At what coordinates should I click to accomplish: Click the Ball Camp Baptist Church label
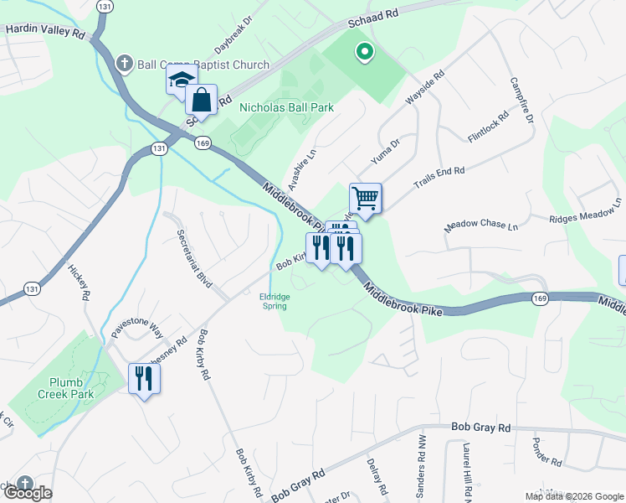(x=203, y=65)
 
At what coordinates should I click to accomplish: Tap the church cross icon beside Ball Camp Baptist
(x=125, y=64)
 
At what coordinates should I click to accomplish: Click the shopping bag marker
(x=202, y=101)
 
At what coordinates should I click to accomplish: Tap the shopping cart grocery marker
(x=366, y=200)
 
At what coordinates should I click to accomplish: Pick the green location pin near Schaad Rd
(x=364, y=53)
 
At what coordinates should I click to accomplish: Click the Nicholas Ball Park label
(x=286, y=107)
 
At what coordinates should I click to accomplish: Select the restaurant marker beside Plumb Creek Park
(x=144, y=379)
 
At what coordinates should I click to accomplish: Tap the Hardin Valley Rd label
(x=45, y=31)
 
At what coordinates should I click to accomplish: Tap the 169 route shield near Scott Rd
(x=203, y=143)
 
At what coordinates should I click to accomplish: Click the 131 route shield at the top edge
(x=105, y=6)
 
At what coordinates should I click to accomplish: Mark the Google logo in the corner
(x=28, y=493)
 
